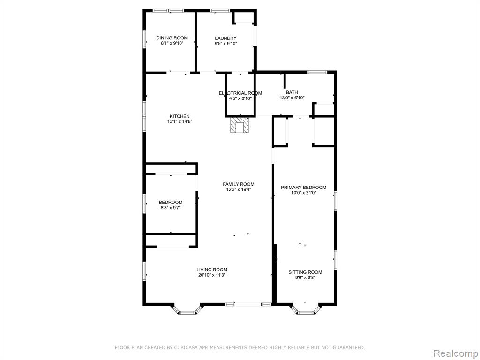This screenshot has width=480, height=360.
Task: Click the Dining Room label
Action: [x=172, y=38]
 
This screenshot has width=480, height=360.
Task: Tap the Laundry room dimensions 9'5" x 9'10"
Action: [x=225, y=44]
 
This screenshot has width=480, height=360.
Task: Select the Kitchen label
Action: [x=180, y=116]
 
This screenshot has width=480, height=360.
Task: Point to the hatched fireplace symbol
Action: [x=240, y=126]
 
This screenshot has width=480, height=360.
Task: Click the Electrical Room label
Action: [x=240, y=93]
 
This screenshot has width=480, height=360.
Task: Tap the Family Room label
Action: [x=239, y=184]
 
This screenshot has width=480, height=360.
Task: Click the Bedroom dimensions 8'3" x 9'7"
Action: [x=171, y=208]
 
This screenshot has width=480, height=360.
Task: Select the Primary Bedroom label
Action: [x=304, y=187]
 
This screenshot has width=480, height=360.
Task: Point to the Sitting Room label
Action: [x=305, y=272]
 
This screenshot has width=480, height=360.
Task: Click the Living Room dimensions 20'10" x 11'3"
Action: [x=212, y=275]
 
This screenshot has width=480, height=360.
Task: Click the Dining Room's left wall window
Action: [x=144, y=39]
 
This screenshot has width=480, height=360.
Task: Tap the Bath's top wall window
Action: [x=317, y=72]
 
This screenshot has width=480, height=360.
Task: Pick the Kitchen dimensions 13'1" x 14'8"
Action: [x=180, y=121]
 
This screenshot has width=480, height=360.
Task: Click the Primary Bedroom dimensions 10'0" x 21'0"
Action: [x=303, y=193]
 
